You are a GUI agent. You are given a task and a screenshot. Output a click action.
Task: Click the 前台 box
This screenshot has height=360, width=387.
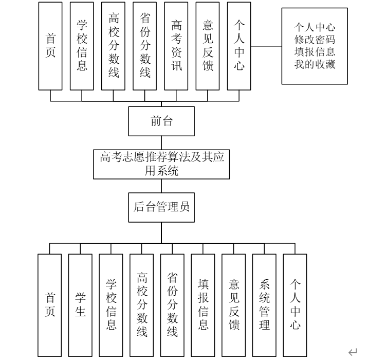click(161, 121)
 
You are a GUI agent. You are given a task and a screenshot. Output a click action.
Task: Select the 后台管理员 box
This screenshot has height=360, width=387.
click(161, 207)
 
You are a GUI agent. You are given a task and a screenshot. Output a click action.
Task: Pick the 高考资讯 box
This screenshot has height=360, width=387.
click(177, 46)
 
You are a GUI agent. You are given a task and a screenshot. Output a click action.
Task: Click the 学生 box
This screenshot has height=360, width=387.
click(81, 305)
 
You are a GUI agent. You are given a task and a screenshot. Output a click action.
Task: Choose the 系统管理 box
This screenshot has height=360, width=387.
click(264, 305)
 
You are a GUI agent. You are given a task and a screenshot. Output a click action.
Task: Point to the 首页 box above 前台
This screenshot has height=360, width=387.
click(50, 46)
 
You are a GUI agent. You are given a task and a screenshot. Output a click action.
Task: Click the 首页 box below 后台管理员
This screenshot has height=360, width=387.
click(50, 305)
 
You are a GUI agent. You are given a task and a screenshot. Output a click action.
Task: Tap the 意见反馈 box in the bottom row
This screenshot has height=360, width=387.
click(234, 305)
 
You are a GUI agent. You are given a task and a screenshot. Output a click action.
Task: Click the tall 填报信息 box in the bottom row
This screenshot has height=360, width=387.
click(203, 305)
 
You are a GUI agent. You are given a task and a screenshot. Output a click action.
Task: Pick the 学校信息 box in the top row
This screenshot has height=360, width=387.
click(82, 46)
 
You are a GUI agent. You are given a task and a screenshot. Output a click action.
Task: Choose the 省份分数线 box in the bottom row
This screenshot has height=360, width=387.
click(172, 305)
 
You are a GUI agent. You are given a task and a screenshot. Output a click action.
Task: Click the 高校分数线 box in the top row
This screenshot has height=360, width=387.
click(114, 46)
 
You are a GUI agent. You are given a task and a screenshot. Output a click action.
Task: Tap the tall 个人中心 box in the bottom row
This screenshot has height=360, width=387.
click(295, 305)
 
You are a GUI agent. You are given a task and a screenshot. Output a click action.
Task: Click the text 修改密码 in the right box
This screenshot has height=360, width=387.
click(315, 40)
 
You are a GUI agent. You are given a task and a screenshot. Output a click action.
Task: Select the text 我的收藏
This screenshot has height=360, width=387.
click(315, 64)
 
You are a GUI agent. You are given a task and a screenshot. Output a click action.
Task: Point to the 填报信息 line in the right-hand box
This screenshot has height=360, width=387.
click(315, 52)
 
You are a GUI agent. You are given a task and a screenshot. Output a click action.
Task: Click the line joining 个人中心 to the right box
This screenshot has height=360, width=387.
click(266, 46)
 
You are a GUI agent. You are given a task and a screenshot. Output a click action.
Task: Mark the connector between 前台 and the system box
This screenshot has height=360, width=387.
click(161, 142)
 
